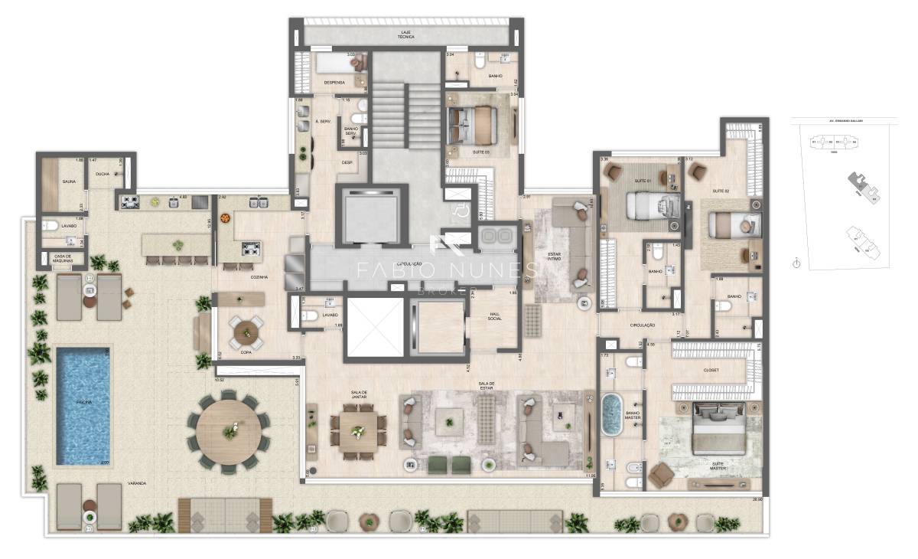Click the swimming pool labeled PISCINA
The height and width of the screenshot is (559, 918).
[83, 407]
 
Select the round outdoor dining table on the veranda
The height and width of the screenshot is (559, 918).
[229, 431]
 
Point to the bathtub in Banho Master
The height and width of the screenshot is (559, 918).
[611, 414]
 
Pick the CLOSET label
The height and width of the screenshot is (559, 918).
[711, 370]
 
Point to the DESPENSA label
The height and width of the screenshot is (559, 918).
[334, 83]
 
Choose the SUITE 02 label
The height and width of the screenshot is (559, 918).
[720, 190]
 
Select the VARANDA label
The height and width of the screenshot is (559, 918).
[138, 483]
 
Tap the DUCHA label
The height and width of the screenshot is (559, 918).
[102, 174]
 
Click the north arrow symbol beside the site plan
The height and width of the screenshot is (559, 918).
[796, 263]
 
